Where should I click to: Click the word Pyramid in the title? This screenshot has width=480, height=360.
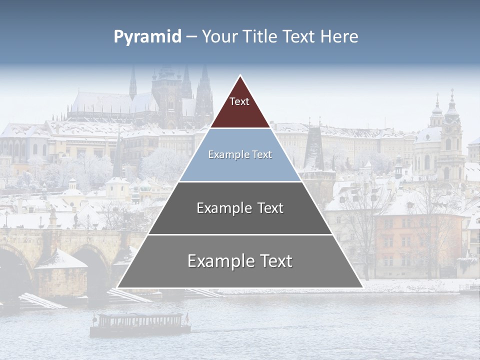pos(147,37)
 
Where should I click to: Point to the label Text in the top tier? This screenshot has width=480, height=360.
pos(239,101)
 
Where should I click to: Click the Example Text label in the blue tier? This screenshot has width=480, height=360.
pos(240,154)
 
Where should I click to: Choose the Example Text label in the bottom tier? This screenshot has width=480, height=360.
pos(240,260)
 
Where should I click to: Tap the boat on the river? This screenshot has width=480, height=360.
pos(140,323)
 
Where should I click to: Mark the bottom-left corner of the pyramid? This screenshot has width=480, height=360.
pos(118,287)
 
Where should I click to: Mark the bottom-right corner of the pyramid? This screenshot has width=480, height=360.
pos(362,287)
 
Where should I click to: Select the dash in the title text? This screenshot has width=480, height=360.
pos(191,37)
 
